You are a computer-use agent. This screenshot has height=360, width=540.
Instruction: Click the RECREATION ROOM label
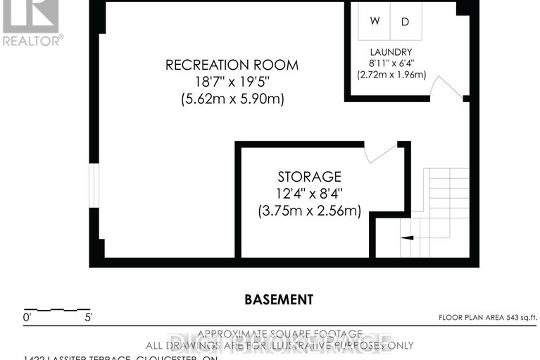pyautogui.click(x=232, y=65)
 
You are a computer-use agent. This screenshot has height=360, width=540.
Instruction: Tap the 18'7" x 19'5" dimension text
pyautogui.click(x=232, y=82)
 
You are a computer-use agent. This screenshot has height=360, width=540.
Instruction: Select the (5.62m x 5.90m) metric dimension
pyautogui.click(x=232, y=99)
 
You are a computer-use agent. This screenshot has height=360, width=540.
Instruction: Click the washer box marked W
pyautogui.click(x=375, y=21)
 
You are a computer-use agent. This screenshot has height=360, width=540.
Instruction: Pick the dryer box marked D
pyautogui.click(x=405, y=21)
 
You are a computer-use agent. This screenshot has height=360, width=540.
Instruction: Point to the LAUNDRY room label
pyautogui.click(x=391, y=53)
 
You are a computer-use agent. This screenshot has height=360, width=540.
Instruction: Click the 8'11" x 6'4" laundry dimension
pyautogui.click(x=391, y=63)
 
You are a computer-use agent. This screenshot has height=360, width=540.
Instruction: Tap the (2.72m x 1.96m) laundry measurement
pyautogui.click(x=391, y=75)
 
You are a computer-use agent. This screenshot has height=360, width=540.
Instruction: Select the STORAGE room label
pyautogui.click(x=309, y=177)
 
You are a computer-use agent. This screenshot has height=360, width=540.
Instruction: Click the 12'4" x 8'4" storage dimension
pyautogui.click(x=309, y=193)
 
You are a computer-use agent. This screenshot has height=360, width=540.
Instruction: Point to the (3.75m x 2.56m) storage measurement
pyautogui.click(x=309, y=210)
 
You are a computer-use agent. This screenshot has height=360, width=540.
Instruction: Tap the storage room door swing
pyautogui.click(x=381, y=153)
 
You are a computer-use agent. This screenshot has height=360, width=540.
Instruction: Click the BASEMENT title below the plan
pyautogui.click(x=279, y=299)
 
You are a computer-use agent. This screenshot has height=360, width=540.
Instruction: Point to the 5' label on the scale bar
pyautogui.click(x=88, y=318)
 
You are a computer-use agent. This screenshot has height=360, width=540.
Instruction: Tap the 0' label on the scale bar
pyautogui.click(x=27, y=318)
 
